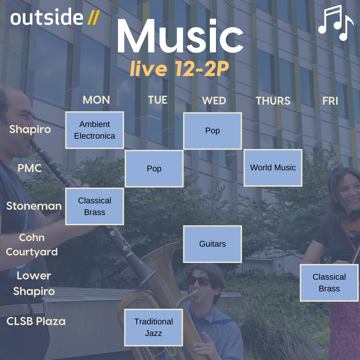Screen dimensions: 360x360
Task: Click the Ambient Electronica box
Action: (95, 130)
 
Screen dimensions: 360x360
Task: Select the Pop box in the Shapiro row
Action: (212, 131)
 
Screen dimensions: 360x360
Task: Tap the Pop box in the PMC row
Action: (154, 169)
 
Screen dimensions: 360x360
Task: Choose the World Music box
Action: (273, 168)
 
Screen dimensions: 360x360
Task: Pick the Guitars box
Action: (212, 244)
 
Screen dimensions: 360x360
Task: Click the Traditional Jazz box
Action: (154, 327)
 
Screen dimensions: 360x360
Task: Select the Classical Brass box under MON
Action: (95, 206)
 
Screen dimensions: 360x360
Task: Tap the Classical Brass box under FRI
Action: (329, 283)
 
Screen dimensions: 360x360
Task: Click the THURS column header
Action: (273, 101)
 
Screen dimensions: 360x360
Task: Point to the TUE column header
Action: (157, 100)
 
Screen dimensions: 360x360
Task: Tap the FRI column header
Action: (330, 101)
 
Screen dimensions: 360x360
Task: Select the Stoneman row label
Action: (34, 206)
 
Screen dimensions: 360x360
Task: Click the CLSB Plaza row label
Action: (36, 321)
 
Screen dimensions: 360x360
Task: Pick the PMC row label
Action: (30, 168)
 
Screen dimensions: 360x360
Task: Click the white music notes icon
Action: (336, 23)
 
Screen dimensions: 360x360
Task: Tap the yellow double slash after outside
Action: (93, 18)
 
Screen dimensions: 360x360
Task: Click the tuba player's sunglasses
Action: (199, 281)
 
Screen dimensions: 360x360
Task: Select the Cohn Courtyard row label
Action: (32, 245)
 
